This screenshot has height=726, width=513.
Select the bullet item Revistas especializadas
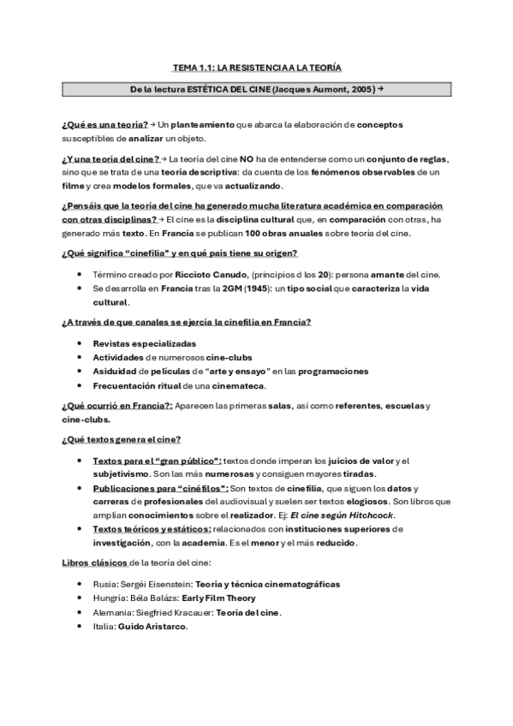[x=139, y=343]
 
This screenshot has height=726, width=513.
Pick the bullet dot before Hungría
[x=80, y=598]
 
